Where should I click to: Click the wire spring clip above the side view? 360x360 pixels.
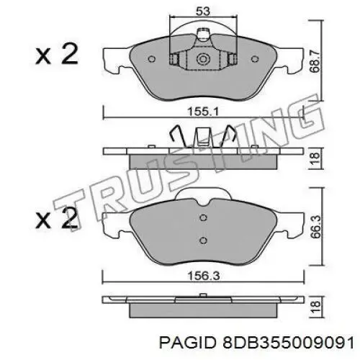click(x=202, y=137)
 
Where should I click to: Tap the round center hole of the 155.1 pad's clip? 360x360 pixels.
click(x=202, y=59)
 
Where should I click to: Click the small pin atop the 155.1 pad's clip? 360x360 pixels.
click(x=202, y=32)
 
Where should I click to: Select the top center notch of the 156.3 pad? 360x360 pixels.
click(x=202, y=196)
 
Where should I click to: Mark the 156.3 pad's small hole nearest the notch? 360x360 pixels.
click(x=202, y=220)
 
